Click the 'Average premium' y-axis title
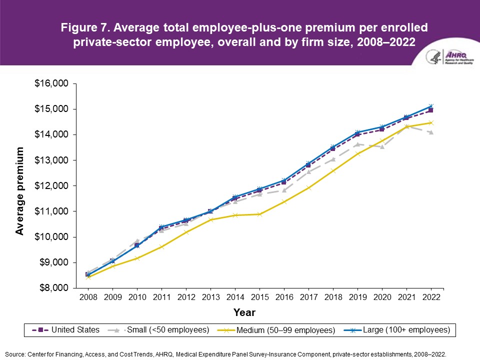tap(20, 190)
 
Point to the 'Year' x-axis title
tap(244, 313)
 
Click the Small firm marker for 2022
tap(431, 132)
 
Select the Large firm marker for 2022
tap(431, 106)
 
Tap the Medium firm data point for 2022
tap(431, 122)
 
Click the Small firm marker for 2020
tap(382, 146)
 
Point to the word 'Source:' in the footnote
tap(15, 353)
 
